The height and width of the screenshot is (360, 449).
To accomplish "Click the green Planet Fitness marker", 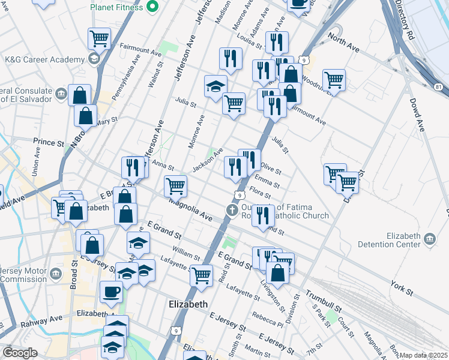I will click(x=152, y=8).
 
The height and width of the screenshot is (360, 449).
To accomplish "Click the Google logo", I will click(x=20, y=353).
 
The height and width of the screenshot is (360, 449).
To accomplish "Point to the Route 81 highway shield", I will click(x=439, y=88).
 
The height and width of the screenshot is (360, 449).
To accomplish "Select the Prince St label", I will click(x=48, y=143).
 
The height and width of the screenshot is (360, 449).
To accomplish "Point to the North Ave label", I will click(x=343, y=44).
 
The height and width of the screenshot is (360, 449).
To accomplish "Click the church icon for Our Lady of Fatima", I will click(x=232, y=210).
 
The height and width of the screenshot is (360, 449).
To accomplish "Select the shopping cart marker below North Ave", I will click(x=334, y=79).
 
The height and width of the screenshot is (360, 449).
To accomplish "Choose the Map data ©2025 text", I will click(x=423, y=355).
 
